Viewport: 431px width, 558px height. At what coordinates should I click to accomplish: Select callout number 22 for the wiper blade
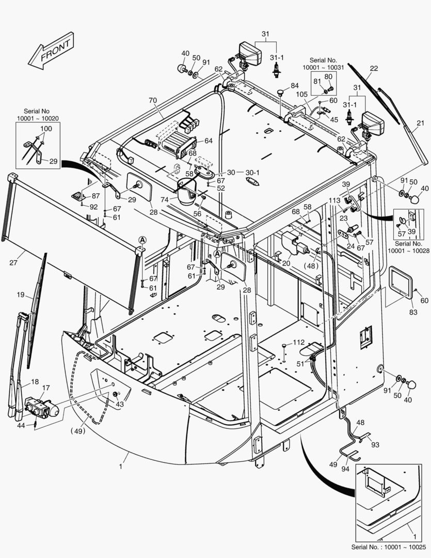pyautogui.click(x=374, y=68)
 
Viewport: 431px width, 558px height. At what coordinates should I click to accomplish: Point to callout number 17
pyautogui.click(x=45, y=388)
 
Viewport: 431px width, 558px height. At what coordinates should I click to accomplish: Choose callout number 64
pyautogui.click(x=209, y=140)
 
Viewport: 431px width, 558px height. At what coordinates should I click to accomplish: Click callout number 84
pyautogui.click(x=294, y=85)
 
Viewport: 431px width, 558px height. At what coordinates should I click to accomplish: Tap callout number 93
pyautogui.click(x=375, y=445)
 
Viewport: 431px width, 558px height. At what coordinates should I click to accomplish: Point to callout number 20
pyautogui.click(x=286, y=263)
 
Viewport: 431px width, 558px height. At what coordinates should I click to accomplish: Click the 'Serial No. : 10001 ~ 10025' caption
pyautogui.click(x=389, y=547)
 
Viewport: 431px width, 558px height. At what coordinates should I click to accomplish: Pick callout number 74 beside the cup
pyautogui.click(x=165, y=198)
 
